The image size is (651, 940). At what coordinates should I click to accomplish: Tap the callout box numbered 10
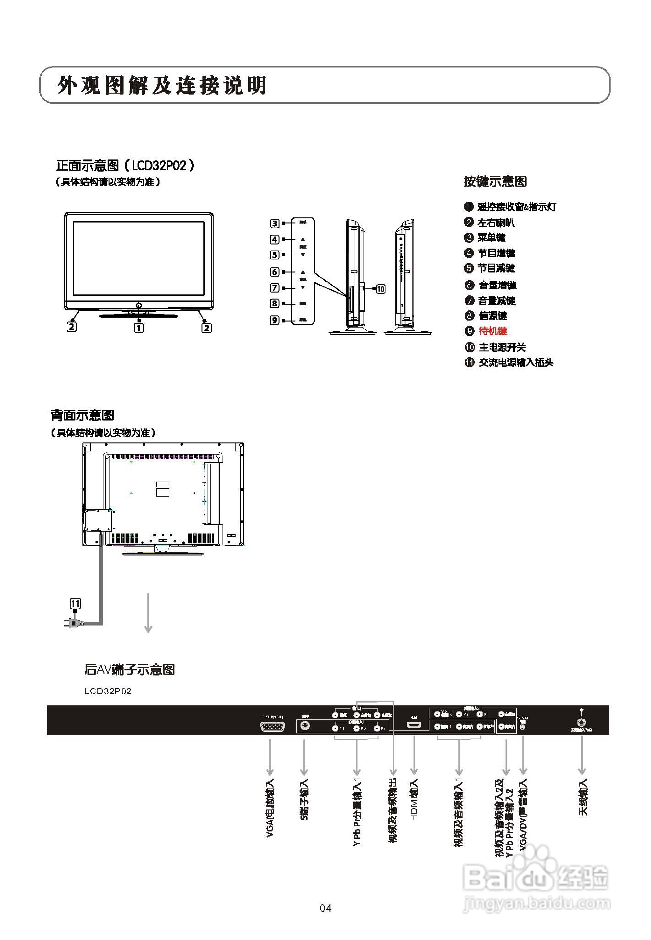380,289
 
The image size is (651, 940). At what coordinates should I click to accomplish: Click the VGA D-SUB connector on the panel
272,726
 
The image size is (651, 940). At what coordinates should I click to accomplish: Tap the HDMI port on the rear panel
414,725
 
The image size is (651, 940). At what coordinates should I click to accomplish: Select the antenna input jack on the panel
581,723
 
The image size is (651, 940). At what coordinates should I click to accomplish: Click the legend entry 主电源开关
502,347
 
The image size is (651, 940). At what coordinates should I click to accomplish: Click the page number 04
325,908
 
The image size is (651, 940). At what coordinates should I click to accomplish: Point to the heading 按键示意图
495,181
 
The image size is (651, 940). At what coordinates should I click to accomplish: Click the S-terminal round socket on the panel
304,726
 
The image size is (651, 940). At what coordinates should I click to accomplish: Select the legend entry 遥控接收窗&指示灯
516,207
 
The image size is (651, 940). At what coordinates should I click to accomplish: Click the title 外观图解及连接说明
162,85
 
